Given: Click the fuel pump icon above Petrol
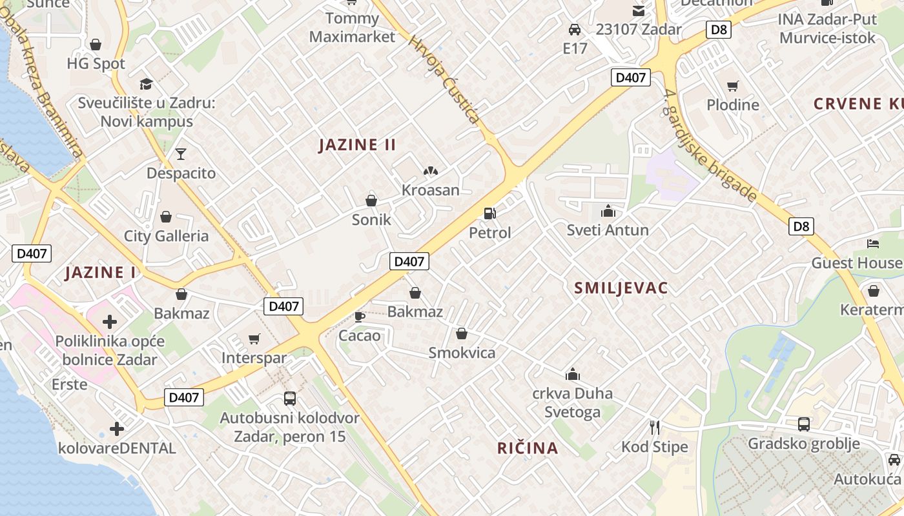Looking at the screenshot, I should tap(490, 213).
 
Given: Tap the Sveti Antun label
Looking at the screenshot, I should tap(608, 230).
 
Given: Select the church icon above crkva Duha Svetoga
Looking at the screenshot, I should tap(573, 374).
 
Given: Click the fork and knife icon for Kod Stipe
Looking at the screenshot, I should tap(655, 427).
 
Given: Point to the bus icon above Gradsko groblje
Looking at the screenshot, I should tap(804, 424).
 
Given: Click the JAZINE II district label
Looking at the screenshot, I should tap(357, 145).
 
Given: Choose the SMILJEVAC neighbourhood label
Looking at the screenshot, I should tap(621, 288).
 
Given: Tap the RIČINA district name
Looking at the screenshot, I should tap(528, 448).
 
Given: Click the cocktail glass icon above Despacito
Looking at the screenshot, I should tap(181, 154).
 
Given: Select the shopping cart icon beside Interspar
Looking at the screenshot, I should tap(254, 339).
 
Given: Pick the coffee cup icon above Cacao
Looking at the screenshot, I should tap(360, 316).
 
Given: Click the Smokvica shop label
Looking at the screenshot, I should tap(462, 353).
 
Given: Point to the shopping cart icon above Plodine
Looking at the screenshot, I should tap(733, 86).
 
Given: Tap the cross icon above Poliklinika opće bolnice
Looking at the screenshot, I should tap(110, 321).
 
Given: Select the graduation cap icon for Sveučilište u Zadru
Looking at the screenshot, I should tap(147, 84).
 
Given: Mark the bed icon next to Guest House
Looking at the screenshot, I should tap(873, 244).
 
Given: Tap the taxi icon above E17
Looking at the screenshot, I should tap(575, 29).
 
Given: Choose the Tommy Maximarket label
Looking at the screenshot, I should tap(352, 27).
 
